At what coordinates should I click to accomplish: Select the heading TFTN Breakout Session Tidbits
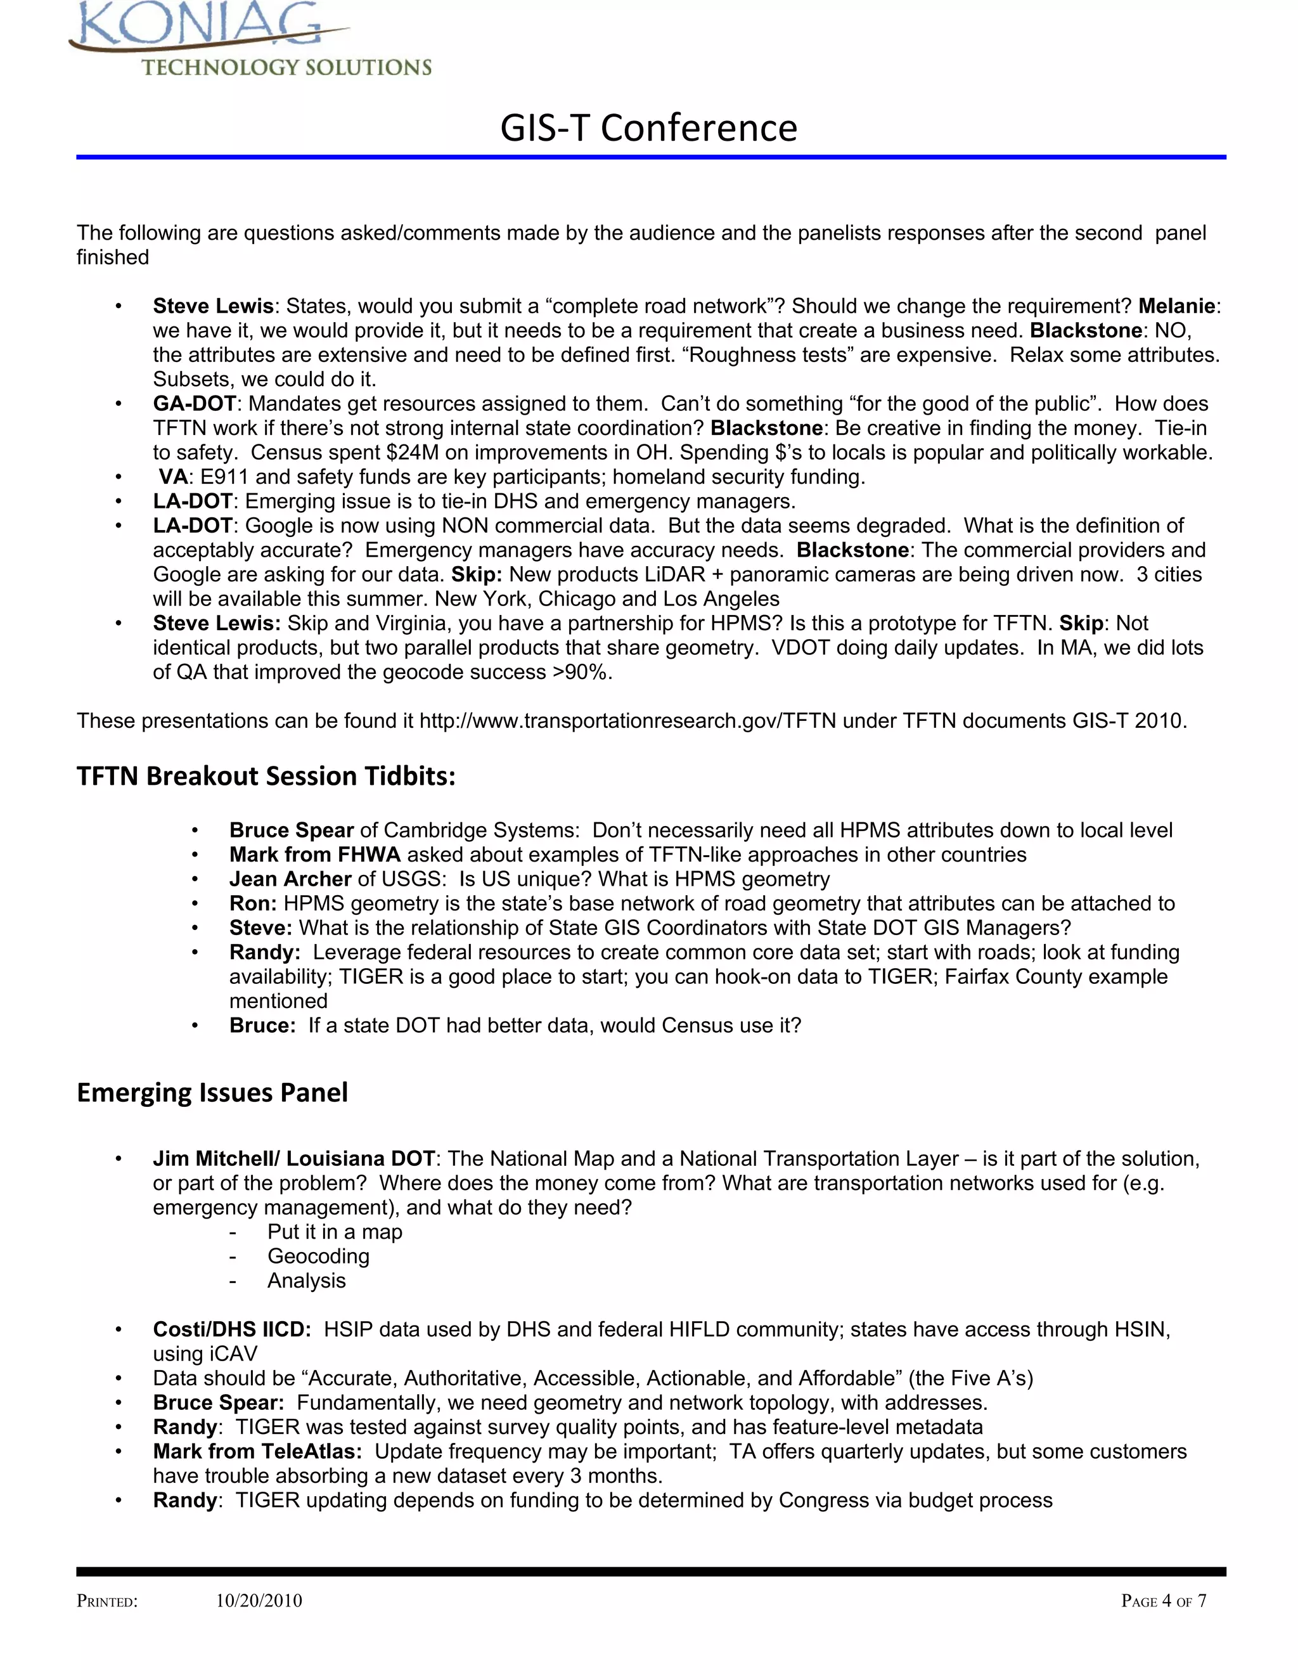pyautogui.click(x=266, y=775)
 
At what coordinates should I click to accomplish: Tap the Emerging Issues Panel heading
pyautogui.click(x=212, y=1092)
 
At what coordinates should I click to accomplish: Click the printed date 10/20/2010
pyautogui.click(x=259, y=1601)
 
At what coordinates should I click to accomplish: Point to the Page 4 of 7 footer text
pyautogui.click(x=1164, y=1601)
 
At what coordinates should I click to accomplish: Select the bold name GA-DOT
pyautogui.click(x=195, y=404)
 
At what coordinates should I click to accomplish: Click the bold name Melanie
pyautogui.click(x=1176, y=306)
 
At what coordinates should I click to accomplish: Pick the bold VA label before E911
pyautogui.click(x=173, y=477)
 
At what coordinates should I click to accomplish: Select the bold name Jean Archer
pyautogui.click(x=290, y=879)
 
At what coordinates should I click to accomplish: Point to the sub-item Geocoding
pyautogui.click(x=318, y=1256)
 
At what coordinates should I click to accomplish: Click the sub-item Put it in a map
pyautogui.click(x=335, y=1232)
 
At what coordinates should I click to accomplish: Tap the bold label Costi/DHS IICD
pyautogui.click(x=231, y=1329)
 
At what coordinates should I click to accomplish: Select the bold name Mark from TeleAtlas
pyautogui.click(x=257, y=1452)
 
